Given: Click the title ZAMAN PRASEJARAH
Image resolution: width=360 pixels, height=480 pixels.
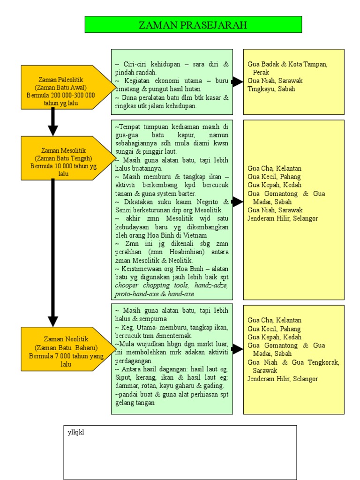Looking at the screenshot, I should click(x=193, y=25).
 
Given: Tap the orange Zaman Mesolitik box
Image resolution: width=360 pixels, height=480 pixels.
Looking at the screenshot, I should click(x=63, y=162).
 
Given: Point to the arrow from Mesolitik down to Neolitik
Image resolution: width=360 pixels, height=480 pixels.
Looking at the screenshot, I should click(x=53, y=253).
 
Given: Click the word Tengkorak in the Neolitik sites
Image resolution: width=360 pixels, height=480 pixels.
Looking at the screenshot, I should click(x=324, y=362).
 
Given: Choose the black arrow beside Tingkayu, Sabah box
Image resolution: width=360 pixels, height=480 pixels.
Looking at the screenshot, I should click(x=237, y=82).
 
